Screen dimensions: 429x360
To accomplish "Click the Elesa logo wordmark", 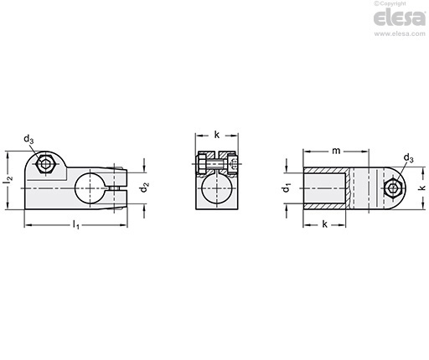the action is pyautogui.click(x=400, y=18).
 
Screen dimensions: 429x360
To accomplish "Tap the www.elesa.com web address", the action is pyautogui.click(x=400, y=33).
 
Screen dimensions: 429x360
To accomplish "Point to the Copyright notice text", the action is pyautogui.click(x=390, y=3).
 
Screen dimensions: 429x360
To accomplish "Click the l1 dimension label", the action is pyautogui.click(x=76, y=224).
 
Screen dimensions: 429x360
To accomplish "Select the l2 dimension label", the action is pyautogui.click(x=8, y=180).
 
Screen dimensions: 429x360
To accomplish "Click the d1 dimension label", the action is pyautogui.click(x=287, y=188).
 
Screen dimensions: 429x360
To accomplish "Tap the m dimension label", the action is pyautogui.click(x=336, y=151).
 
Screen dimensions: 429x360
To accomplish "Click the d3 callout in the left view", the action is pyautogui.click(x=28, y=139).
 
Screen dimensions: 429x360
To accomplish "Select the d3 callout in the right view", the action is pyautogui.click(x=408, y=158).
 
